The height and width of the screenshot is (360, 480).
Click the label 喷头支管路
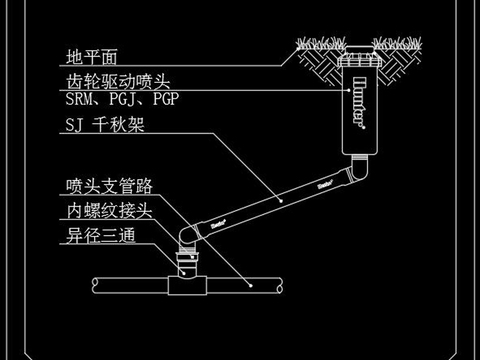[110, 187]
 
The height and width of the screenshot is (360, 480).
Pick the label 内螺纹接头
[110, 212]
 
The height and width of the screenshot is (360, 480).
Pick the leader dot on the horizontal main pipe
[248, 287]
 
